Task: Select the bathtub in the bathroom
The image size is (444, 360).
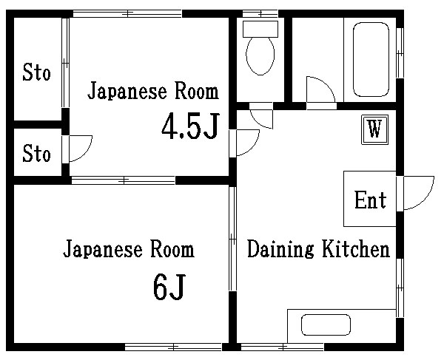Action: coord(371,58)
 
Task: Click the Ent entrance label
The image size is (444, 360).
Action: coord(370,200)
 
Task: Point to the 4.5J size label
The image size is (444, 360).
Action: coord(190,128)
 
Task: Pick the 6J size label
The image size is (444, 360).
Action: coord(168,287)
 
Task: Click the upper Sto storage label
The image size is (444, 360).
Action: coord(36,73)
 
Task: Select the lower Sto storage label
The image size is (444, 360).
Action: coord(36,154)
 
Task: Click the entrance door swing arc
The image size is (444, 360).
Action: coord(416,193)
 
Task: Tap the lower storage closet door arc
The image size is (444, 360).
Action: coord(80,148)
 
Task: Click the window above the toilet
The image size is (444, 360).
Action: coord(260,13)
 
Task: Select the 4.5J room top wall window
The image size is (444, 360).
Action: coord(127,13)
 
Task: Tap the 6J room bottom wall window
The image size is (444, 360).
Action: coord(173,345)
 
